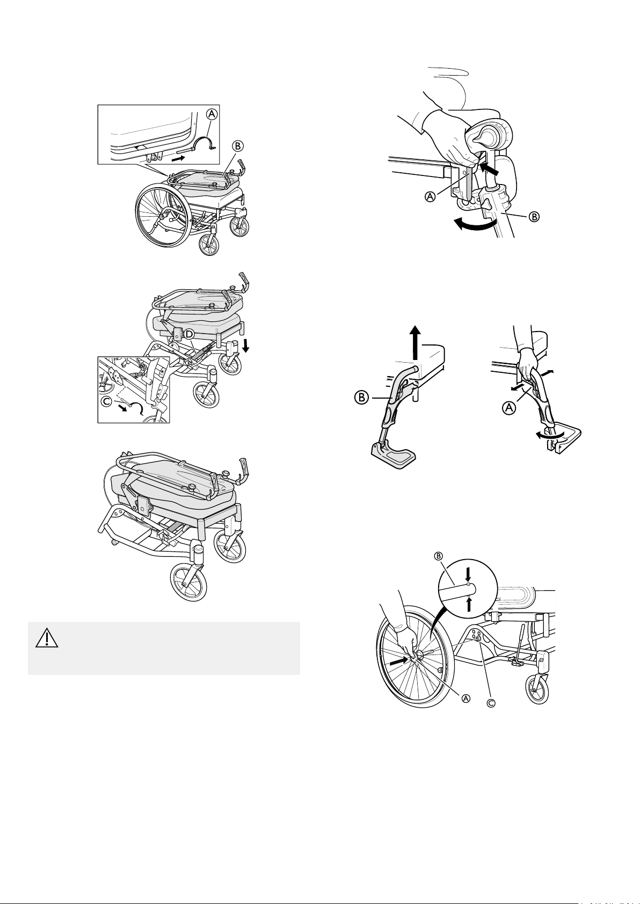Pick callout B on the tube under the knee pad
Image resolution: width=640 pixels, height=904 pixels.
[534, 217]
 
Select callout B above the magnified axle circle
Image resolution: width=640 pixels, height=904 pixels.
[437, 556]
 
